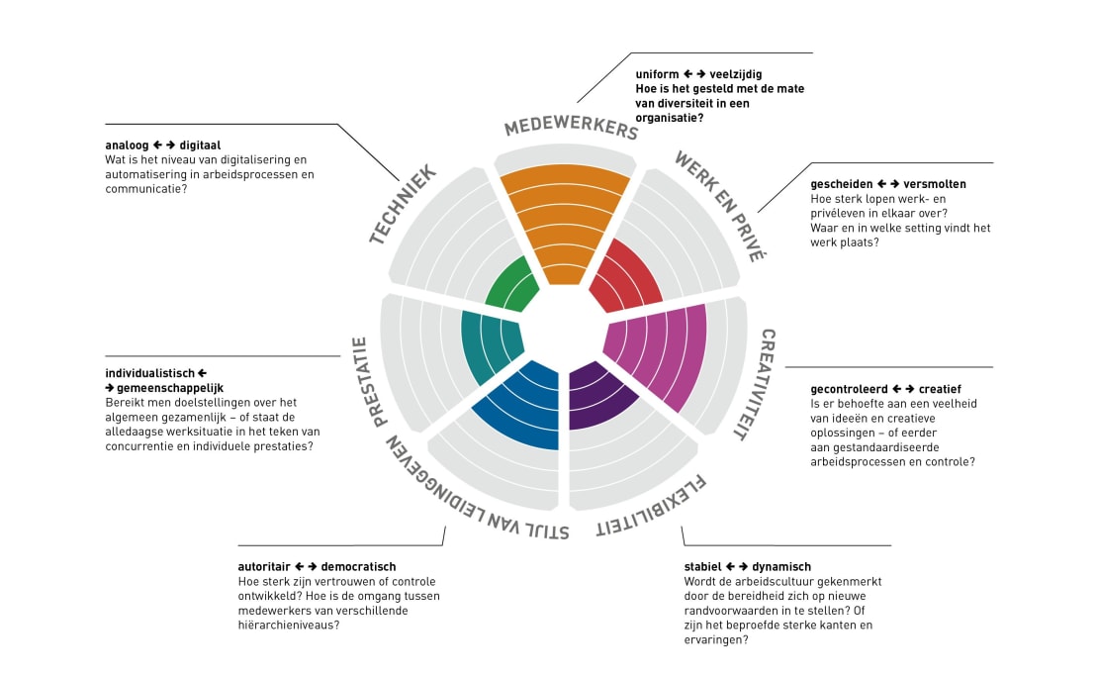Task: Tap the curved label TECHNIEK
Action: (404, 204)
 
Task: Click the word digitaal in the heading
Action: (200, 145)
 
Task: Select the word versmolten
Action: (935, 184)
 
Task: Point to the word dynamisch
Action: (781, 567)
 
